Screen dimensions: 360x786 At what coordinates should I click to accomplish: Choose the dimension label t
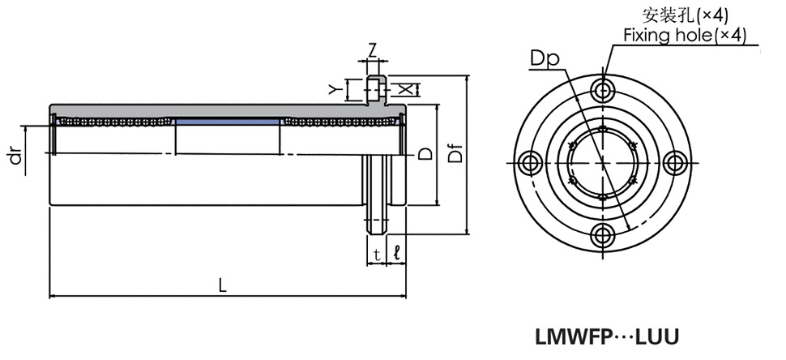tap(376, 255)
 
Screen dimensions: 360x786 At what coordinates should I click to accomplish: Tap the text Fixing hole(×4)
tap(685, 35)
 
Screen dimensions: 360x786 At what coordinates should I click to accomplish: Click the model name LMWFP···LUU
tap(606, 335)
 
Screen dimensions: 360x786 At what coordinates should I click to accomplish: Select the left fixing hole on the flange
tap(528, 162)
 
